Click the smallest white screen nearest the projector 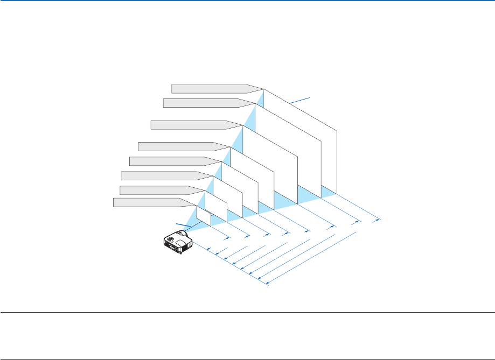click(203, 214)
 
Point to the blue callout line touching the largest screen click(300, 100)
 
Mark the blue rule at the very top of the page click(247, 1)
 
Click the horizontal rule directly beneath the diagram click(247, 312)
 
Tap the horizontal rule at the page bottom click(247, 359)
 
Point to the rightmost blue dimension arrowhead click(378, 220)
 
